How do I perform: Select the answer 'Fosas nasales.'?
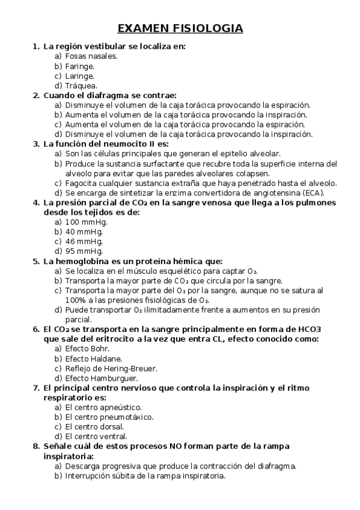(91, 56)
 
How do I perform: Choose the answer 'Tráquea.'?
(81, 85)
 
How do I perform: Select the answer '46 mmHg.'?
(83, 241)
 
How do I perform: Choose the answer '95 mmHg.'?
(83, 251)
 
